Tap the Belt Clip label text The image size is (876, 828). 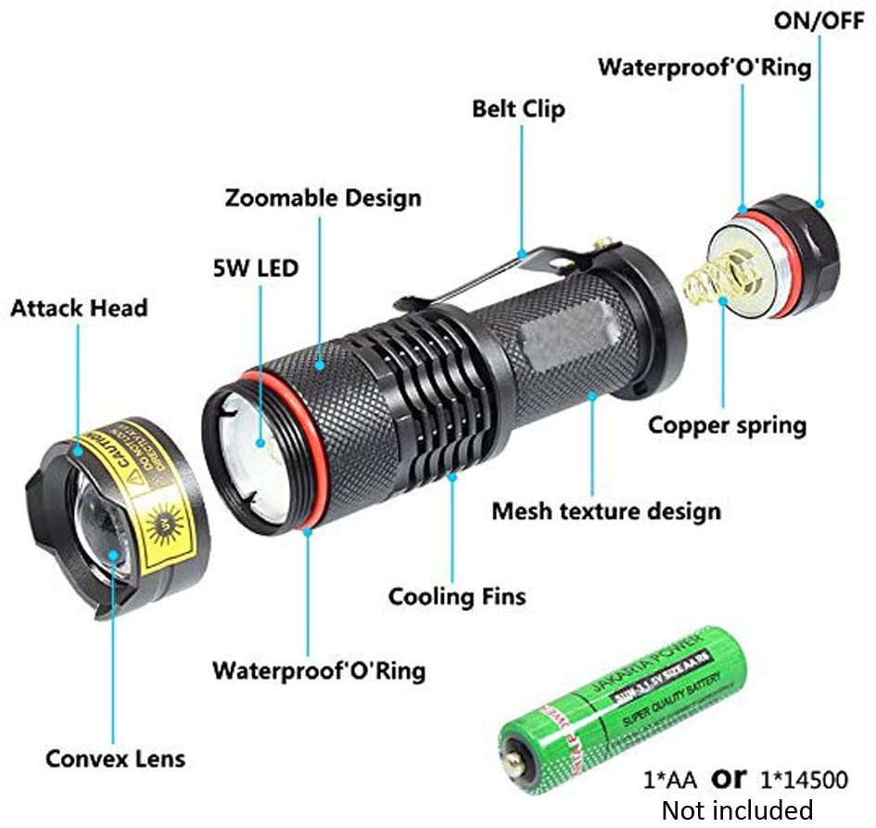518,108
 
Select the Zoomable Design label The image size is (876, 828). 323,197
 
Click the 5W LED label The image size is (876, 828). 251,270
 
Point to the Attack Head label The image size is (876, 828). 79,308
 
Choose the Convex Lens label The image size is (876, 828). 115,758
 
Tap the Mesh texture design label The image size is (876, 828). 605,510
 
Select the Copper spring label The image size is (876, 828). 727,426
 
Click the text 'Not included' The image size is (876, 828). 736,809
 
